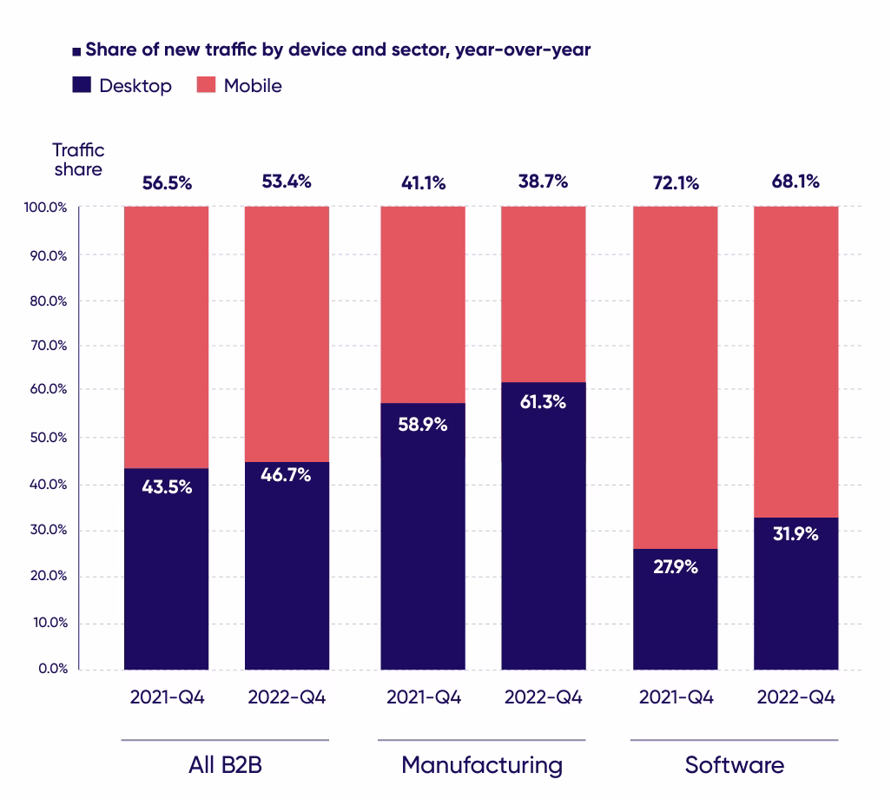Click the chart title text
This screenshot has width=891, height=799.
tap(338, 50)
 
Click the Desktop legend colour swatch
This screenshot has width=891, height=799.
tap(82, 85)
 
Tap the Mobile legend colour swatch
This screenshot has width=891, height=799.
tap(207, 85)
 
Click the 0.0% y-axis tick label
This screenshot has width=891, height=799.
tap(52, 669)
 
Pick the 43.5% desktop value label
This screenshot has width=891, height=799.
tap(167, 486)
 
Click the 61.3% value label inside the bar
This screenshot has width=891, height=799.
tap(542, 402)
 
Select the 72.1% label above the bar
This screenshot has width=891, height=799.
tap(674, 183)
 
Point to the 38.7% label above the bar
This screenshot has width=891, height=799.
tap(542, 182)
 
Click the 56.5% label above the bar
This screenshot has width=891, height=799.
tap(166, 183)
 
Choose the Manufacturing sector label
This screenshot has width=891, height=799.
tap(481, 765)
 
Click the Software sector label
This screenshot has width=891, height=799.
tap(734, 765)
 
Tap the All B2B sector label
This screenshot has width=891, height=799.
tap(225, 765)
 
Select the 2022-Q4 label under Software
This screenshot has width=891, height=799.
tap(795, 697)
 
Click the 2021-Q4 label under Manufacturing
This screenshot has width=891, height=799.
tap(424, 697)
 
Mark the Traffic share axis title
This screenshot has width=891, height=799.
tap(78, 160)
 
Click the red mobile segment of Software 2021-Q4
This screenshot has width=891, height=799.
tap(676, 373)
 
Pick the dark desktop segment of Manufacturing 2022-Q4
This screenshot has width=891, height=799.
tap(544, 538)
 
